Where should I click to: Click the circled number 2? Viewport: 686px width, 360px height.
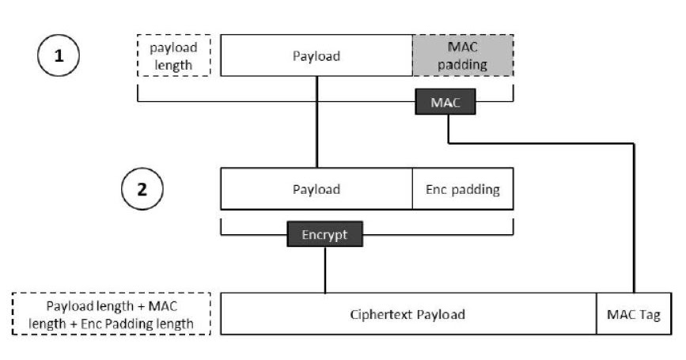pyautogui.click(x=142, y=189)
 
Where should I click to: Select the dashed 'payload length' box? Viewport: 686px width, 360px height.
pyautogui.click(x=174, y=55)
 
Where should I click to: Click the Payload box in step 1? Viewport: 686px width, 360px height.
pyautogui.click(x=316, y=55)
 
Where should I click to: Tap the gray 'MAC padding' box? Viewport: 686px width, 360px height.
pyautogui.click(x=463, y=55)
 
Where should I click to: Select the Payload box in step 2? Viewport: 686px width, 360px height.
pyautogui.click(x=316, y=189)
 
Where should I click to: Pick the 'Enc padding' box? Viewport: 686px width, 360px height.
pyautogui.click(x=463, y=189)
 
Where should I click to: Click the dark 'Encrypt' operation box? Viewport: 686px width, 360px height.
pyautogui.click(x=324, y=234)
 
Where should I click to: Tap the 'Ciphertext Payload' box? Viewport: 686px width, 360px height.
pyautogui.click(x=407, y=314)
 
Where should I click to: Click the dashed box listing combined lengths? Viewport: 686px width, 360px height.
pyautogui.click(x=112, y=314)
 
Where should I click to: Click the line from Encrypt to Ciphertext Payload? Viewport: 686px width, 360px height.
pyautogui.click(x=324, y=269)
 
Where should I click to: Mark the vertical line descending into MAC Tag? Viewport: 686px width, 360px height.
pyautogui.click(x=635, y=222)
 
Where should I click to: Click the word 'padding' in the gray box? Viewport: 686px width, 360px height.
pyautogui.click(x=463, y=64)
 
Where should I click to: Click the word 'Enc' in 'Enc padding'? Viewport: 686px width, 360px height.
pyautogui.click(x=437, y=189)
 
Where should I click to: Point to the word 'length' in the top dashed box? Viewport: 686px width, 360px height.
pyautogui.click(x=174, y=64)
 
